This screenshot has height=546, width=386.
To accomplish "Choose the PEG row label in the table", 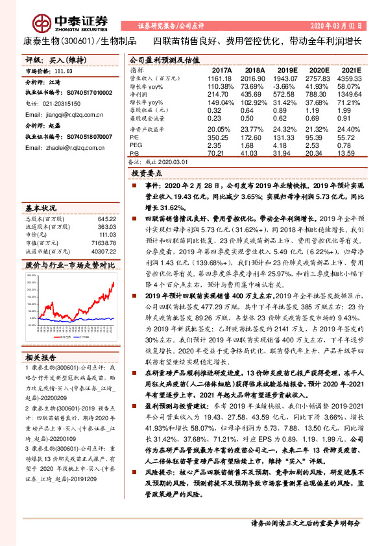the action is (136, 145).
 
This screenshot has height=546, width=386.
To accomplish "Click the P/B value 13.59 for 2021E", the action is (351, 153).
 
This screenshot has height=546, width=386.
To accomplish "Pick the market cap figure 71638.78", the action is (103, 241).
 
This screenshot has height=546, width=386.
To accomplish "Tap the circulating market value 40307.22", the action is (103, 250).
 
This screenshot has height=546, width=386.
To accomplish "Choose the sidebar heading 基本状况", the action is (42, 209).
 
